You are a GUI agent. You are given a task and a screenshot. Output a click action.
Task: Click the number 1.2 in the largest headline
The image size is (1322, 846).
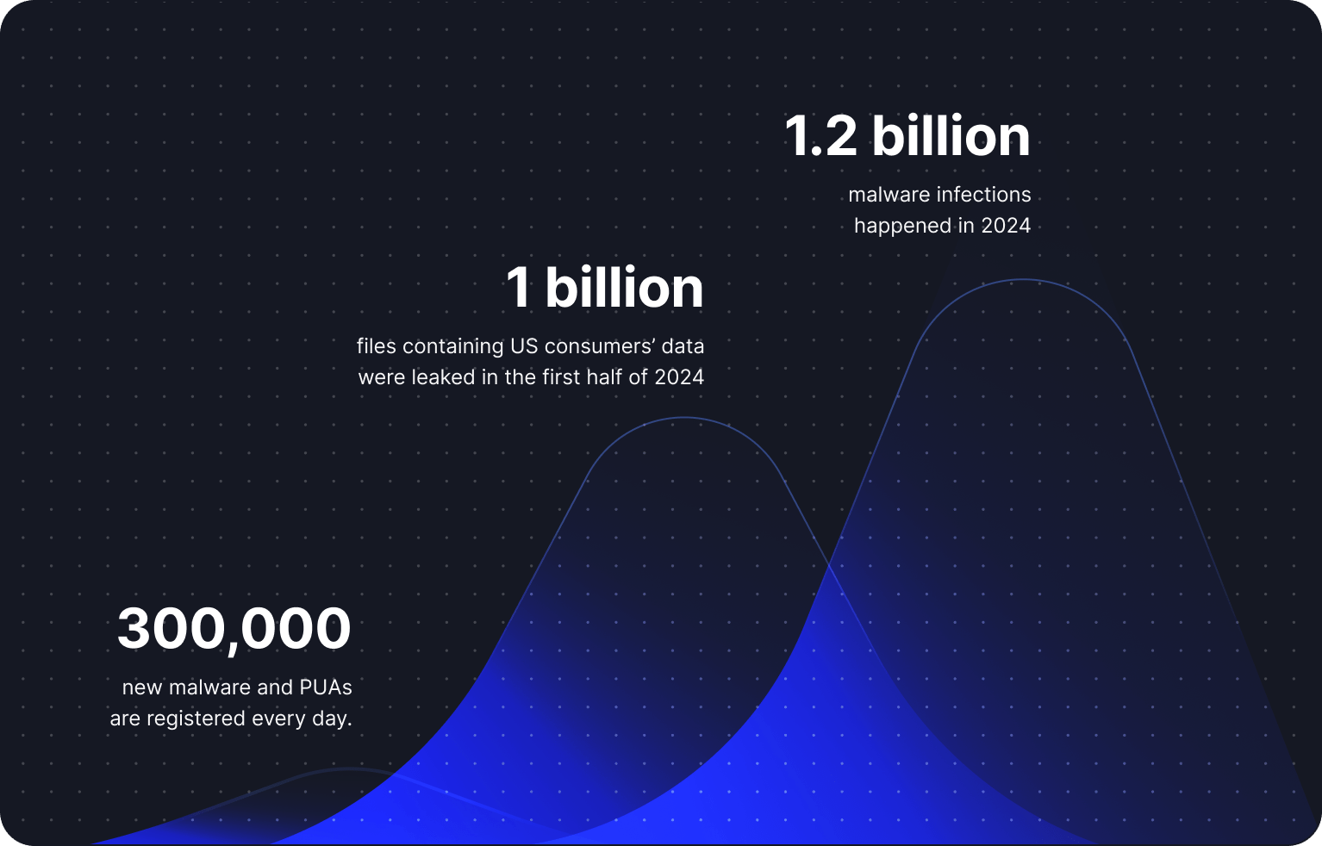pos(820,137)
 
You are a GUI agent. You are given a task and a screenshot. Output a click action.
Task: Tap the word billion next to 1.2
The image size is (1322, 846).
pos(951,137)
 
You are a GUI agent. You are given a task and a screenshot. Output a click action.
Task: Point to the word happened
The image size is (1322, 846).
pos(902,226)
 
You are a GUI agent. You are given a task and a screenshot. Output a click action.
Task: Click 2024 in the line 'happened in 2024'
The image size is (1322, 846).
pos(1006,226)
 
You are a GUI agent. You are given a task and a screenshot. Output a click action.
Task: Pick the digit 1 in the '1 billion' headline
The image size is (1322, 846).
pos(518,288)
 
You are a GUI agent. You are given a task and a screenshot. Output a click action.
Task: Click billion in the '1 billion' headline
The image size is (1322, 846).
pos(624,288)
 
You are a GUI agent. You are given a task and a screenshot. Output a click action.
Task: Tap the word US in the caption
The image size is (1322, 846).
pos(524,346)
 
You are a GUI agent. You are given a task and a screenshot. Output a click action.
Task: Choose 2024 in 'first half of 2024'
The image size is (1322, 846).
pos(679,377)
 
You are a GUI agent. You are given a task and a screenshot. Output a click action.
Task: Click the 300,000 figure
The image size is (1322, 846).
pos(234,629)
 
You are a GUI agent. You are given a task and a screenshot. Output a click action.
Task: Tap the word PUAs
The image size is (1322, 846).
pos(325,687)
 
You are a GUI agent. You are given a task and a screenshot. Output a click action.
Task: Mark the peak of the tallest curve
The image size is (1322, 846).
pos(1024,279)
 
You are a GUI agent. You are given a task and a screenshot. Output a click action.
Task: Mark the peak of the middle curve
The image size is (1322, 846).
pos(684,418)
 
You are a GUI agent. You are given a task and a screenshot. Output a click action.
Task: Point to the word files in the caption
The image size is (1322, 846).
pos(376,346)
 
